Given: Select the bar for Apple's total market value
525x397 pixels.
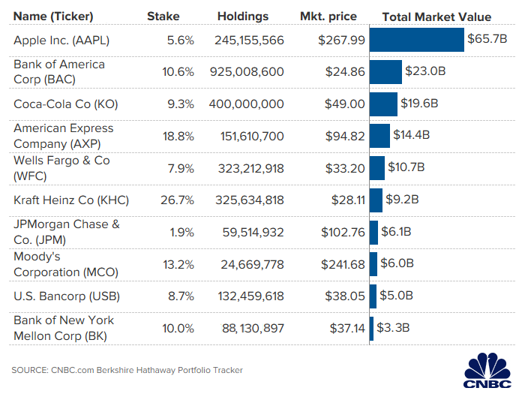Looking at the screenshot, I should [x=416, y=40].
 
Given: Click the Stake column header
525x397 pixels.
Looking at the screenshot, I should [x=163, y=17].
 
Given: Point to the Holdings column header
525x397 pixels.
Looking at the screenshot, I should [x=243, y=17].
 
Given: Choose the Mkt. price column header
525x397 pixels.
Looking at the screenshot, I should [x=328, y=17].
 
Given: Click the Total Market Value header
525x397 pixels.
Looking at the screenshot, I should [x=436, y=17].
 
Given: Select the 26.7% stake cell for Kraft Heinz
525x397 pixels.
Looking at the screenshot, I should [x=177, y=200].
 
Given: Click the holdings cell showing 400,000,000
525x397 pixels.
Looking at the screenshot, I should [x=245, y=104].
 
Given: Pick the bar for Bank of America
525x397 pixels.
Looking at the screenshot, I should [x=385, y=72].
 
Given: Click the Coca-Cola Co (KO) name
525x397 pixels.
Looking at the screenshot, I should [x=66, y=104].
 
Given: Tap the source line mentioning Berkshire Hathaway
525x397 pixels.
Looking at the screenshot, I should [x=127, y=370].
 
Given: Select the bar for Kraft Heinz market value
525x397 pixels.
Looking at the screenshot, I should [x=374, y=200].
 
